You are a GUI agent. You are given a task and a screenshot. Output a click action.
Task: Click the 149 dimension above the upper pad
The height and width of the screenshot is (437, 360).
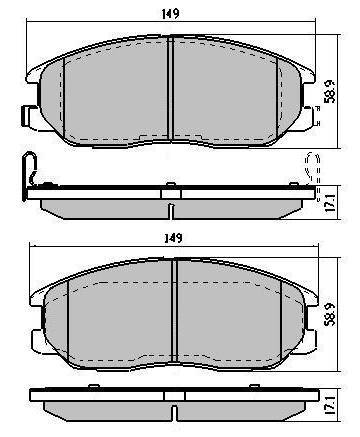(170, 14)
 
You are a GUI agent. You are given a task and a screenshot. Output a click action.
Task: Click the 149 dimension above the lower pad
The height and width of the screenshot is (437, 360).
(174, 238)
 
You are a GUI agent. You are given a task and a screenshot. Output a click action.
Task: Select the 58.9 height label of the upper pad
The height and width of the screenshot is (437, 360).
(330, 91)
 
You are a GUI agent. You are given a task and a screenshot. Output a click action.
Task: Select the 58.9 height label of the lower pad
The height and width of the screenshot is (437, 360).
(330, 314)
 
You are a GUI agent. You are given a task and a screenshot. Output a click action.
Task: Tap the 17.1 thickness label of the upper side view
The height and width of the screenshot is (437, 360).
(329, 203)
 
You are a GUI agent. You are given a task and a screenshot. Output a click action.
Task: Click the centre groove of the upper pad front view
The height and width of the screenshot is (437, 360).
(171, 87)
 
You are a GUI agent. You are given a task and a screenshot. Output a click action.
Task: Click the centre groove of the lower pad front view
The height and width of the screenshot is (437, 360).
(174, 311)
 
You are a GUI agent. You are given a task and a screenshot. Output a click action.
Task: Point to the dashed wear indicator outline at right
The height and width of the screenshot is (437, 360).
(313, 168)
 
